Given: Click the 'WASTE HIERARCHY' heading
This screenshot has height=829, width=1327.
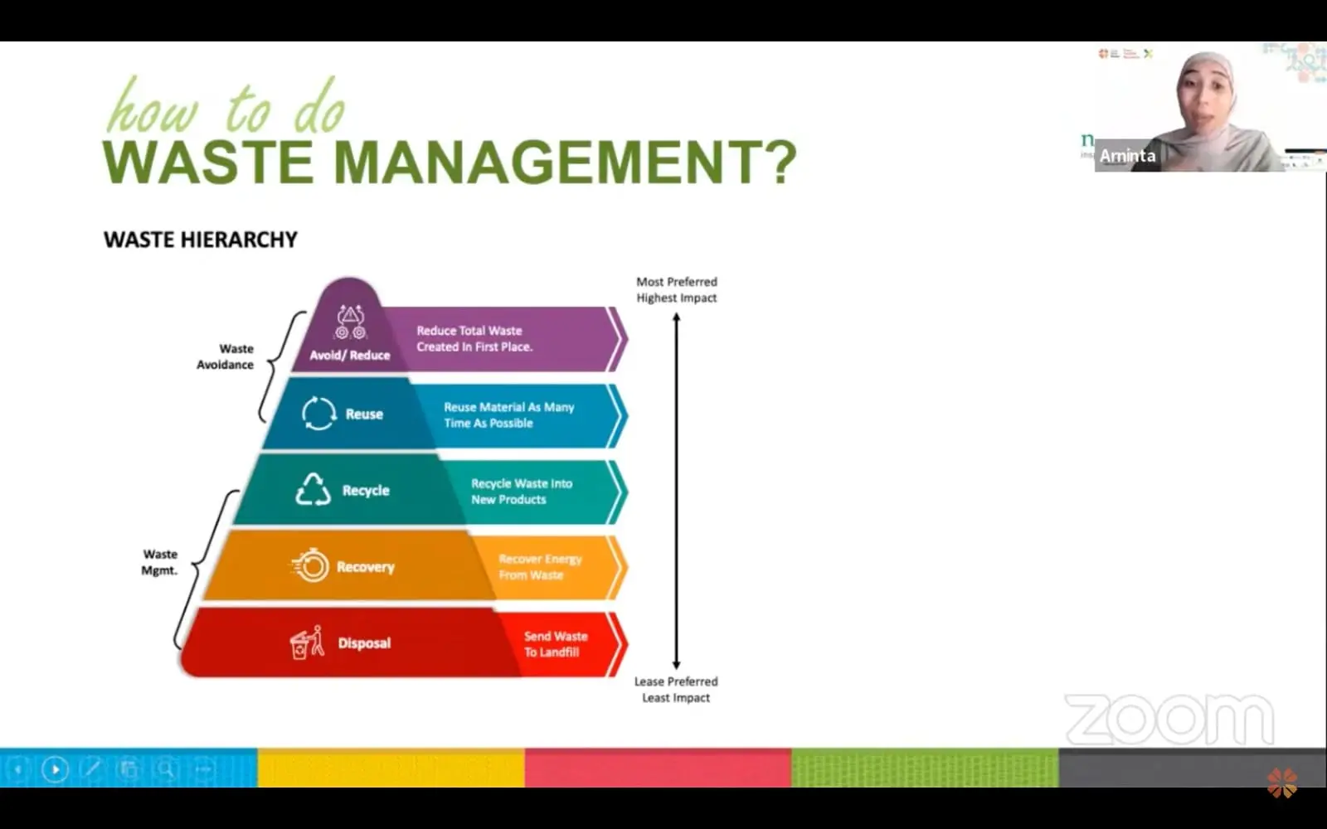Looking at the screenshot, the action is point(200,240).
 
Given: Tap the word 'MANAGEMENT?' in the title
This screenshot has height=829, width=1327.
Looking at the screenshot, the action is point(565,162).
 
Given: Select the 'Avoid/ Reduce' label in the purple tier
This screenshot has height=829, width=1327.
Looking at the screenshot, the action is point(349,356).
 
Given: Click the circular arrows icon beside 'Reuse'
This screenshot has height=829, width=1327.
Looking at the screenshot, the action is point(318,414).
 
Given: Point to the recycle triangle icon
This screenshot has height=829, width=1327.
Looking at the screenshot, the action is point(313,489).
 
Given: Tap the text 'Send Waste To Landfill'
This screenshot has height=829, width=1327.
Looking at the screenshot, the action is point(555,644).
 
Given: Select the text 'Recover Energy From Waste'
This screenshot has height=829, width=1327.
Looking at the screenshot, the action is point(540,567).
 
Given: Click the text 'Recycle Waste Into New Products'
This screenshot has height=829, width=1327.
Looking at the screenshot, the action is point(522,492).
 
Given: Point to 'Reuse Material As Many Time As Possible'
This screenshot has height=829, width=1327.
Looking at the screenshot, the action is point(509,415).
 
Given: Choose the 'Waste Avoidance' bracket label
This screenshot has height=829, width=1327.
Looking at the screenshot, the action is point(225,356).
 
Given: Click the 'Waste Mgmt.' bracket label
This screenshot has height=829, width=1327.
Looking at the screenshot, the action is point(159,563).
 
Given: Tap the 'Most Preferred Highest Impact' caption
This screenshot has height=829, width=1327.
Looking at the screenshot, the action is point(677,289).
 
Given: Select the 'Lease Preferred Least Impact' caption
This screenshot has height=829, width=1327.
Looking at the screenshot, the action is point(676,689).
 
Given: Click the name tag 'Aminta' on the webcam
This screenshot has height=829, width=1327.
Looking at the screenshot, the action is point(1127,156).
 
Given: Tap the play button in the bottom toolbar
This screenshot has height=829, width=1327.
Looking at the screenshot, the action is point(55,769).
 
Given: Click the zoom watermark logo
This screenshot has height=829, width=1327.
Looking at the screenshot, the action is point(1169,720).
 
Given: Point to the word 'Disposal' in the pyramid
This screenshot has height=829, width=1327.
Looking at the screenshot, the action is point(364,643).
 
